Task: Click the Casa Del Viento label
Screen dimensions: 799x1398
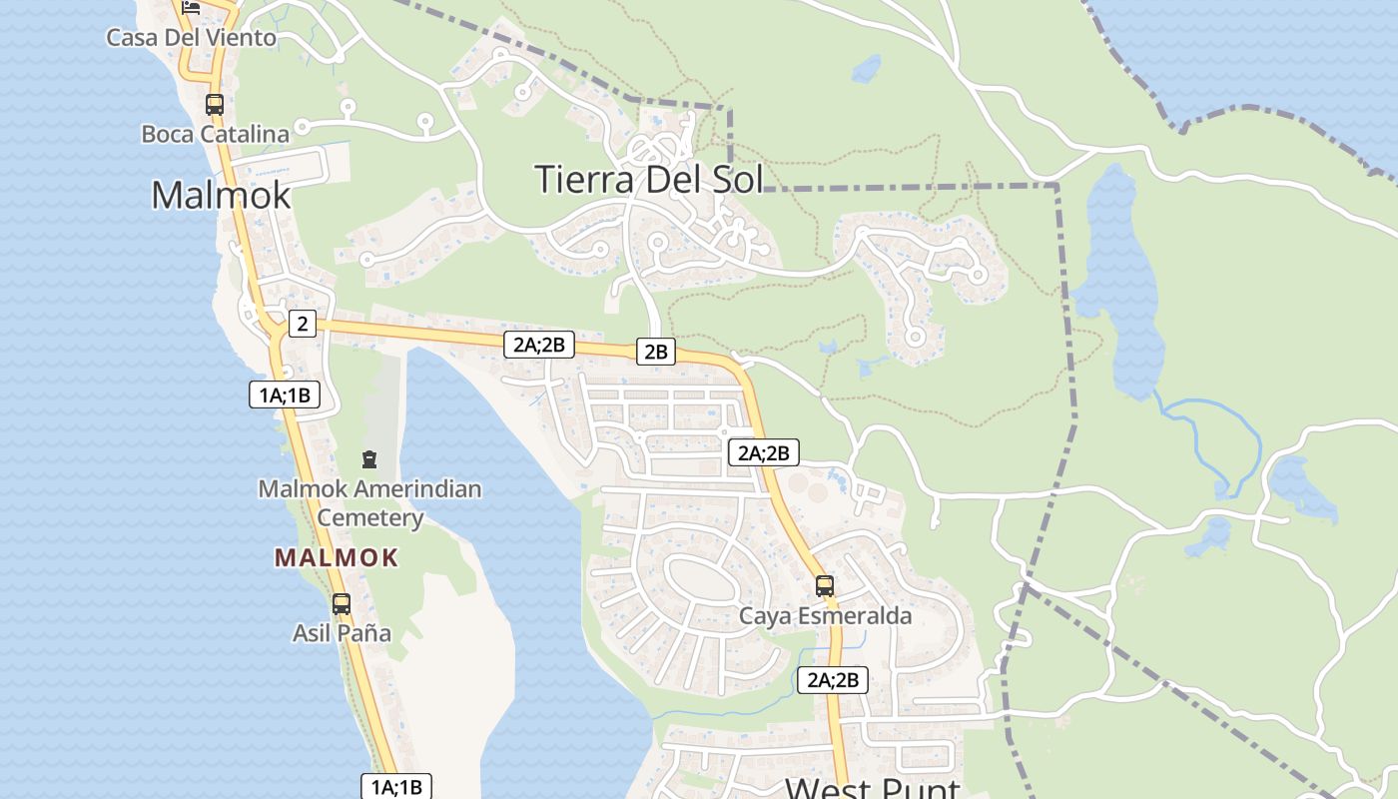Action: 191,38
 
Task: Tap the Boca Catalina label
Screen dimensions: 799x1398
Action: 215,134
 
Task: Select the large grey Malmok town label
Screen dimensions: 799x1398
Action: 221,195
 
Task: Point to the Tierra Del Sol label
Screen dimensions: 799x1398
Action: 649,180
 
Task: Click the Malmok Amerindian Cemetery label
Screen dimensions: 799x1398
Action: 370,503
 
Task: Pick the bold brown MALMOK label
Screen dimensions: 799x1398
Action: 337,558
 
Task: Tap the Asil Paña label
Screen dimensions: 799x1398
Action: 342,633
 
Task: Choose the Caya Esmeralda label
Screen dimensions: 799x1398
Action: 825,616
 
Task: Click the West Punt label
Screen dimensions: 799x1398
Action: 872,788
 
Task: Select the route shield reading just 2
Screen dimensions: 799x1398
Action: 302,323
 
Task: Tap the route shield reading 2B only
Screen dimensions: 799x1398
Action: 655,352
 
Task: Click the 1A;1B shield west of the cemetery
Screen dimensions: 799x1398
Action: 285,395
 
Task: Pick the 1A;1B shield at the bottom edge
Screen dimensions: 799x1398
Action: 396,787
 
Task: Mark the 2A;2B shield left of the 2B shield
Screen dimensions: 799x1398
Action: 539,346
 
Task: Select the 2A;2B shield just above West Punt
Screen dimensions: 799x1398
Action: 833,680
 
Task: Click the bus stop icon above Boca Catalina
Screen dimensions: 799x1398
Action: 214,104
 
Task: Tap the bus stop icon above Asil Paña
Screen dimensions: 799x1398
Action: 342,603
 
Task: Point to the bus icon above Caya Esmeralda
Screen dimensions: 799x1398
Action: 825,586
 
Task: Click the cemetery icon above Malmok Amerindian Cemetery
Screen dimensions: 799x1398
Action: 369,459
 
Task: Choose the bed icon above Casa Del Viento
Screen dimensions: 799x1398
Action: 191,7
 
